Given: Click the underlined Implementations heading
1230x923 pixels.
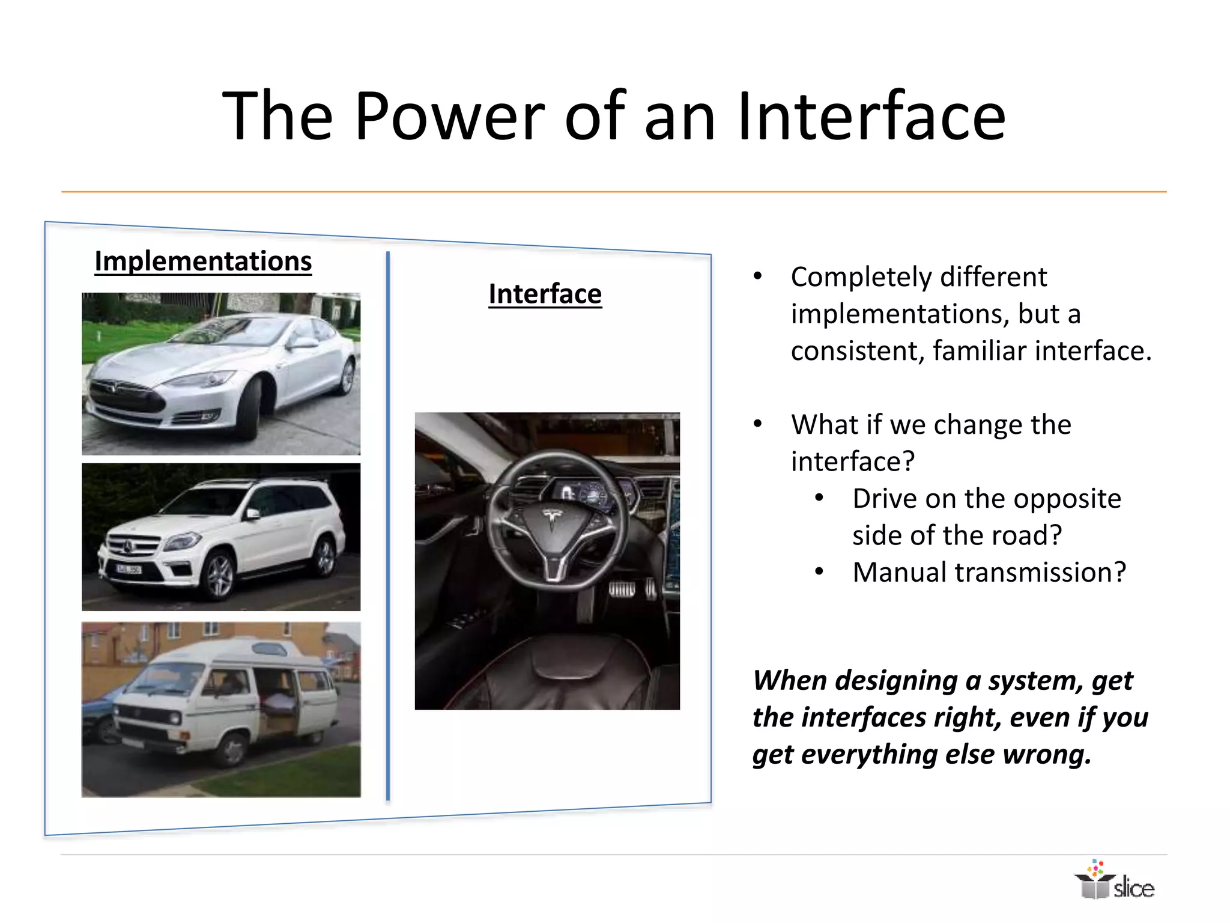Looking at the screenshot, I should [203, 261].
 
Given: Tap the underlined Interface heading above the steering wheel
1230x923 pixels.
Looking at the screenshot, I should [545, 294].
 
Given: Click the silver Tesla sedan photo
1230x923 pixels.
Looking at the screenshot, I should [221, 374].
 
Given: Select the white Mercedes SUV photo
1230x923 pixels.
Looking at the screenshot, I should [221, 537].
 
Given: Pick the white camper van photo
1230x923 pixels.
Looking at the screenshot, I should [221, 709].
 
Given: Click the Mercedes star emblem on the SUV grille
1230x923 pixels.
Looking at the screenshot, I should [128, 546].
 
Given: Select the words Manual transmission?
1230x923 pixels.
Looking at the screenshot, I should [989, 572].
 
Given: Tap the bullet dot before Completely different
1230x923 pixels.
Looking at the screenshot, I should [758, 276].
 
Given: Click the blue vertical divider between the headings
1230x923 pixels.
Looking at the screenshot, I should [388, 526].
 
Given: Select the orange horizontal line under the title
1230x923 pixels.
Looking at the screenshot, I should [613, 192].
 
